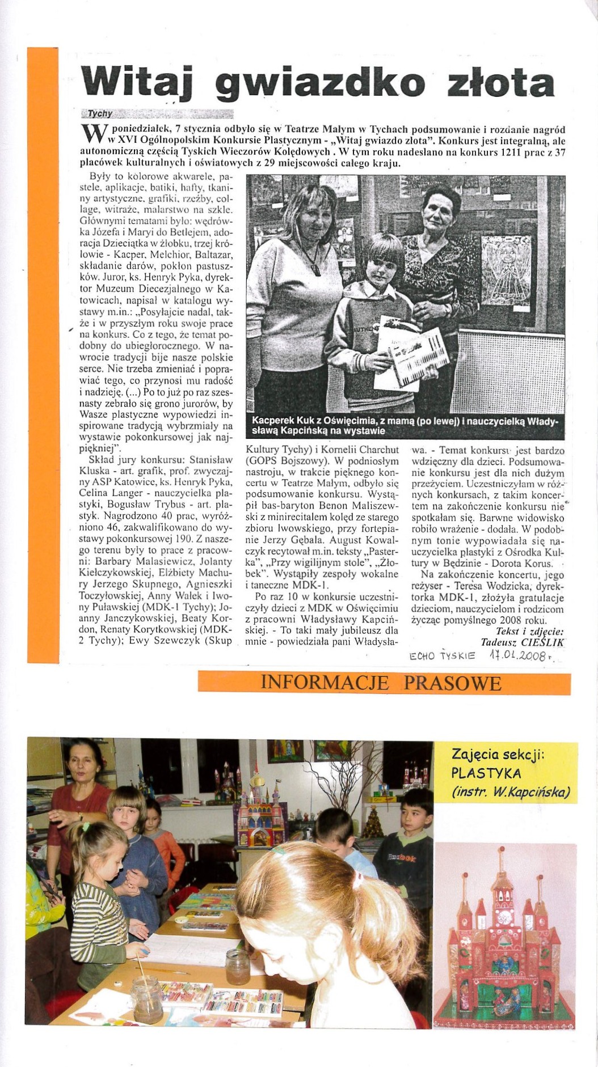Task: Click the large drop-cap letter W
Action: pyautogui.click(x=92, y=134)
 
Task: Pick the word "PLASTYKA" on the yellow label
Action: pyautogui.click(x=486, y=773)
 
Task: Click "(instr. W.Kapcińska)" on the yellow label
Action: pyautogui.click(x=511, y=792)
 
